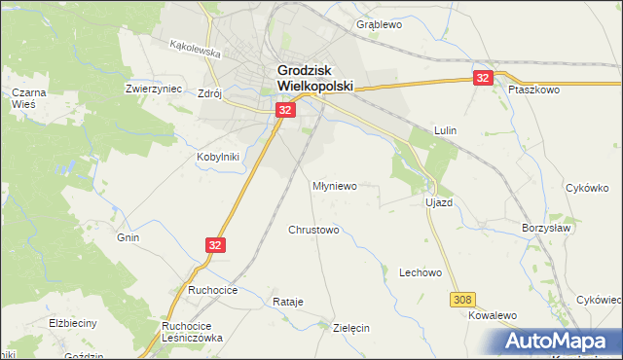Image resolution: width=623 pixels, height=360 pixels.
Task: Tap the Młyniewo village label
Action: coord(335,184)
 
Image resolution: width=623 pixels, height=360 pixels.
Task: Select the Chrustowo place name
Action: coord(313,231)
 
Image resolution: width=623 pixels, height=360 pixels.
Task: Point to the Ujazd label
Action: coord(439,202)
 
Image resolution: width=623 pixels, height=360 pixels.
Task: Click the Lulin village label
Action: coord(446,129)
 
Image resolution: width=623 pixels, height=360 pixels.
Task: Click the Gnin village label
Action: coord(128,237)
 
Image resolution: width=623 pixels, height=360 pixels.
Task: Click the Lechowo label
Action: coord(421,273)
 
